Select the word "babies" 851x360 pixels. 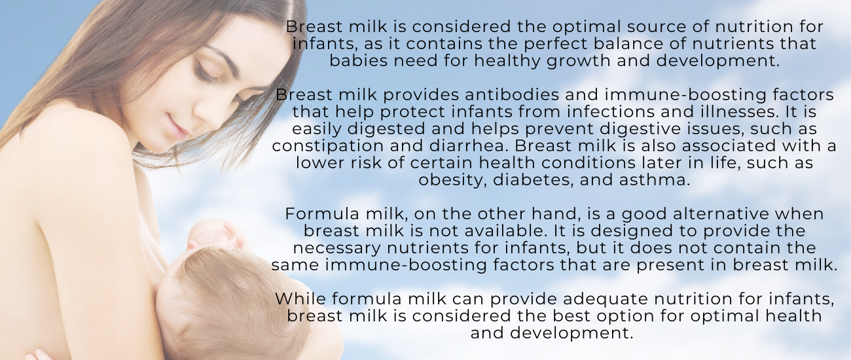tap(358, 61)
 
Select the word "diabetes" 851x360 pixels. tap(533, 180)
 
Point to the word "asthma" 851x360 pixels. tap(654, 180)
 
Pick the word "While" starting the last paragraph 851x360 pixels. tap(300, 299)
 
